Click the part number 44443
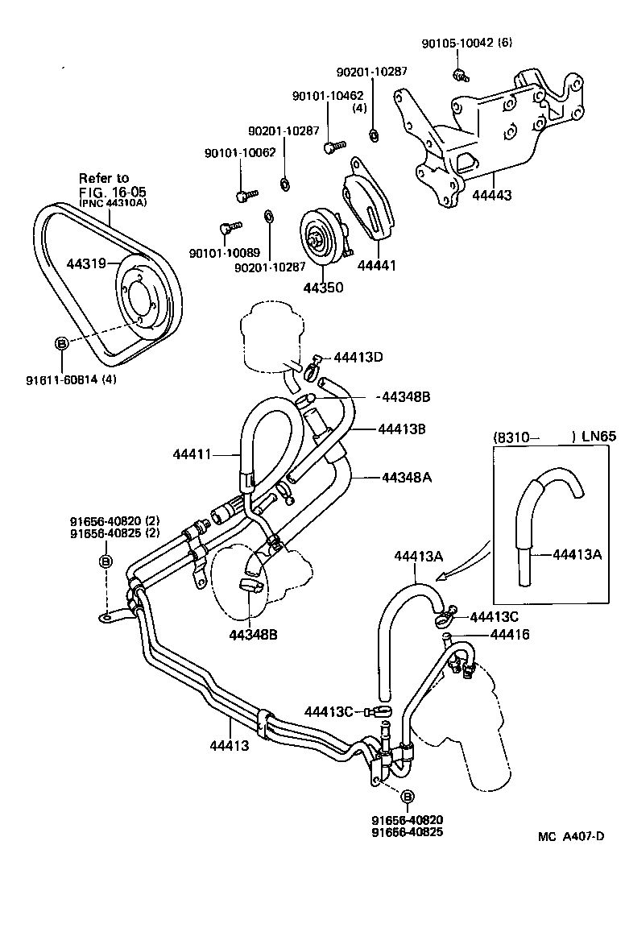point(492,194)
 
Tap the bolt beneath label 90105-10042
point(460,76)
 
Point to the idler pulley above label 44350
point(319,237)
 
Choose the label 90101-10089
point(220,253)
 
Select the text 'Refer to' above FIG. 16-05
point(103,177)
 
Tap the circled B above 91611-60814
point(62,344)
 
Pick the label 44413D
point(361,358)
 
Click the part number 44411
point(192,454)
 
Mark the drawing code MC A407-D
point(571,836)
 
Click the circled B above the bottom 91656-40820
point(407,797)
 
